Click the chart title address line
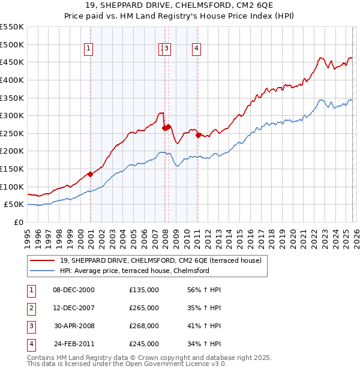click(179, 6)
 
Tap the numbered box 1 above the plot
click(89, 49)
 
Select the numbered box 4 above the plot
click(197, 49)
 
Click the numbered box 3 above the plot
click(167, 49)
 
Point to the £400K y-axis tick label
click(12, 80)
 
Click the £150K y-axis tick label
click(12, 169)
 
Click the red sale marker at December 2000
click(90, 174)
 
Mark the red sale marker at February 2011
click(199, 135)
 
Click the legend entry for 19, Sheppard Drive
click(160, 260)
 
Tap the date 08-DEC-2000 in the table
click(74, 290)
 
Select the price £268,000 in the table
click(143, 326)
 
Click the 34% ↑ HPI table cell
click(204, 344)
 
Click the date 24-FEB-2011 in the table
click(74, 344)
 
